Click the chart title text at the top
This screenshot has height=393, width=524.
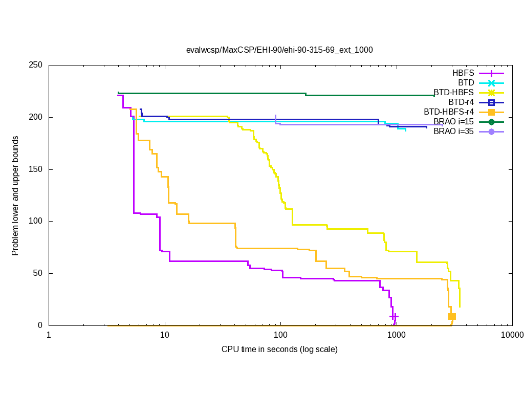[279, 50]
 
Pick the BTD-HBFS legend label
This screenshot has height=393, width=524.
[454, 93]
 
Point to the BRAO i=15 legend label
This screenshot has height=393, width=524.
[453, 122]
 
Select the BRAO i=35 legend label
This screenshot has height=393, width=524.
[453, 132]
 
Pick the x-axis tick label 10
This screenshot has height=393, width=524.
[165, 336]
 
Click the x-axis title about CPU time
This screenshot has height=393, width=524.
[279, 350]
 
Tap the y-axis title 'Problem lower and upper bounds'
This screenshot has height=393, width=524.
[15, 195]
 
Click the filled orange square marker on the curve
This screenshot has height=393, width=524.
[452, 317]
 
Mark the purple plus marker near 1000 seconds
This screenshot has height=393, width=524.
[394, 317]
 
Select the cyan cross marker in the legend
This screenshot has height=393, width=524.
[491, 83]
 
